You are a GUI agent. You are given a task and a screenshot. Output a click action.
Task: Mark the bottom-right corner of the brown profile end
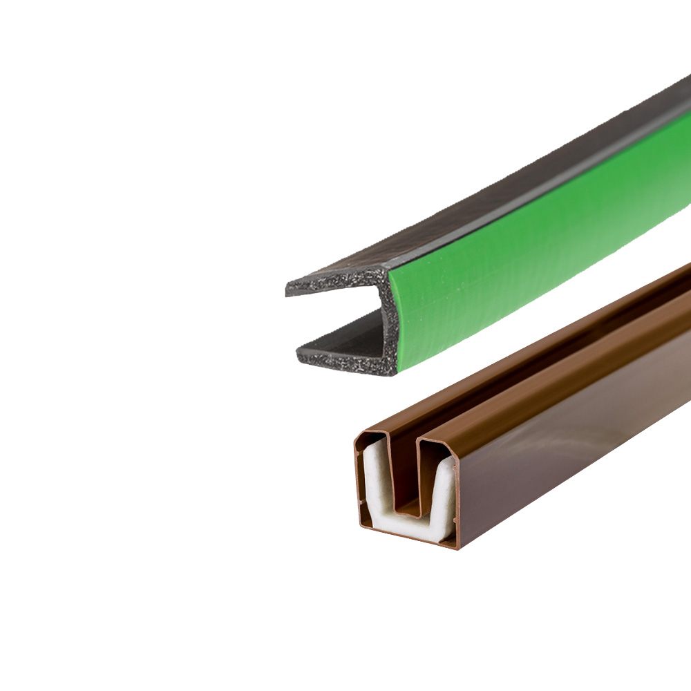point(457,547)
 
